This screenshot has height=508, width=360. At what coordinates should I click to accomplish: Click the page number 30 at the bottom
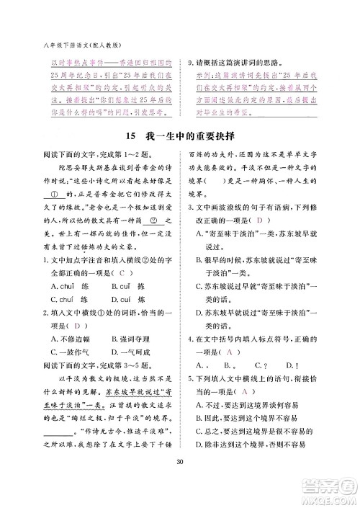coord(180,482)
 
